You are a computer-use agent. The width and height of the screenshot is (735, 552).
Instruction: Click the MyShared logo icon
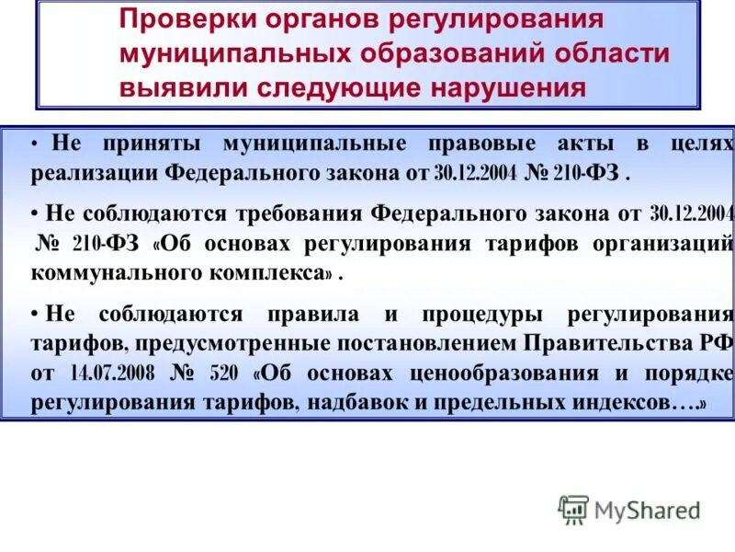573,509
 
